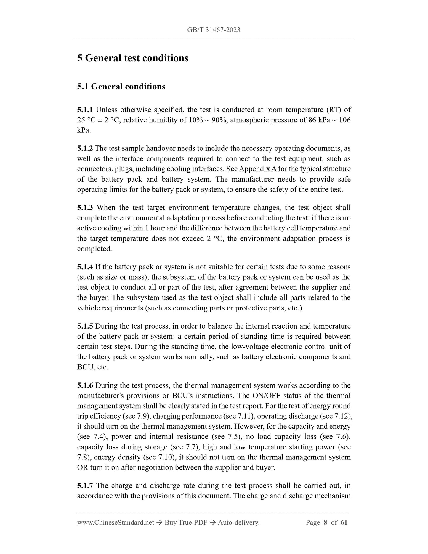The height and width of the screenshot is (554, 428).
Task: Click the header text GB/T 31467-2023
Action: click(x=214, y=30)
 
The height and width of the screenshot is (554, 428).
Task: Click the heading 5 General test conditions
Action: click(x=133, y=58)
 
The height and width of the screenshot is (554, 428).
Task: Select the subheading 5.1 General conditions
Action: click(x=121, y=87)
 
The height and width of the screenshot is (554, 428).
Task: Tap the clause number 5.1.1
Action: click(x=85, y=110)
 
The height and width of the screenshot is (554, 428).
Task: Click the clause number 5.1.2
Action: click(x=85, y=148)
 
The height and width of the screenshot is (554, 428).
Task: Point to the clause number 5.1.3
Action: click(x=85, y=208)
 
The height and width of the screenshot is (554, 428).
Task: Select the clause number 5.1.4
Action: click(x=85, y=267)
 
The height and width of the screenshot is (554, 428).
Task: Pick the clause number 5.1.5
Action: click(x=85, y=326)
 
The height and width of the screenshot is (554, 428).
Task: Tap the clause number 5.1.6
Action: click(x=85, y=385)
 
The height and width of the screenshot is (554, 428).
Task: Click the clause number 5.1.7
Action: click(x=85, y=486)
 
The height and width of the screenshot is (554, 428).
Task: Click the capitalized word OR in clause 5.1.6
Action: click(x=82, y=467)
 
